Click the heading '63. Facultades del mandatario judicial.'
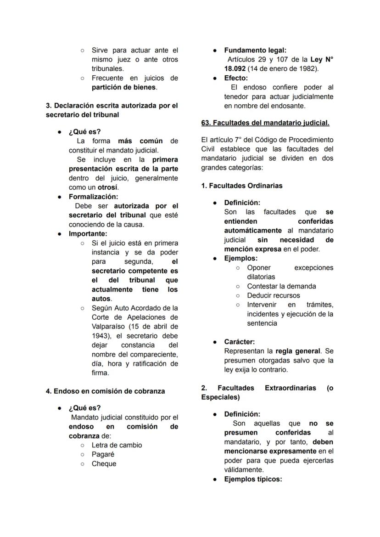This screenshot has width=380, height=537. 265,123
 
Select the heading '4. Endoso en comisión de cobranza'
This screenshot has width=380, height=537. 105,391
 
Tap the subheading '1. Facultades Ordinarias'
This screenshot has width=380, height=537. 241,186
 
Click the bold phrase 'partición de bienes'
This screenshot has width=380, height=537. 124,87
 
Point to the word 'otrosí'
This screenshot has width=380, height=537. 108,187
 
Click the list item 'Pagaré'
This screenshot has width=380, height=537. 103,454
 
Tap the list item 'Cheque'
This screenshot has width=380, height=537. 104,464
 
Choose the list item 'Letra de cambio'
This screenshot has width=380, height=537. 117,445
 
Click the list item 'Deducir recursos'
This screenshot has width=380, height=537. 273,295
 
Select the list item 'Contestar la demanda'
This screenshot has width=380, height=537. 281,286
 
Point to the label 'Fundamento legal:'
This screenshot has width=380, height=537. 255,50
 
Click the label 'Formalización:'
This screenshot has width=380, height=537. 93,197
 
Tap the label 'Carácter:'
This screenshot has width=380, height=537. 239,342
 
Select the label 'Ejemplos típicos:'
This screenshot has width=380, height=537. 253,479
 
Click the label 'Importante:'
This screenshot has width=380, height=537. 88,234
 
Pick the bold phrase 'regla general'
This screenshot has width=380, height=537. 298,351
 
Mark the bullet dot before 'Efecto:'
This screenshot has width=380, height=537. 214,78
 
